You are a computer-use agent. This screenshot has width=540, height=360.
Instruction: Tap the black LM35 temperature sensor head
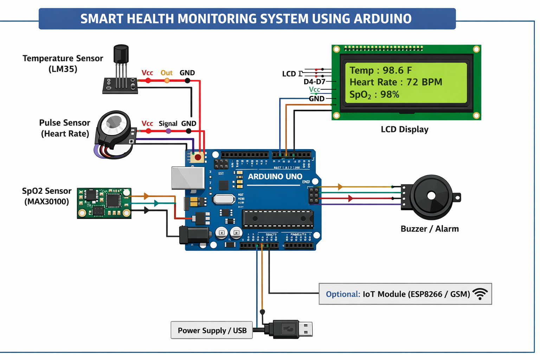[121, 54]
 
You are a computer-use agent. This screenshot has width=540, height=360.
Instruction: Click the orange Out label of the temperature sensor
[166, 73]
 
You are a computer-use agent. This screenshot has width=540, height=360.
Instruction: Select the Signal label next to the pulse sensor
[168, 123]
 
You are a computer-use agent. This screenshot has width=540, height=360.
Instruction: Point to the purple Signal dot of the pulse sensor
[168, 131]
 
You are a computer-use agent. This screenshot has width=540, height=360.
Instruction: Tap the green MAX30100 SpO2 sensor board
[104, 203]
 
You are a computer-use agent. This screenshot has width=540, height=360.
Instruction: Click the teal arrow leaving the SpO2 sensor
[156, 203]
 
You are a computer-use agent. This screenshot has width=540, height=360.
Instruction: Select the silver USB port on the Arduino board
[188, 178]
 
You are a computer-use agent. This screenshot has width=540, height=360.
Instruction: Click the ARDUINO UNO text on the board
[275, 176]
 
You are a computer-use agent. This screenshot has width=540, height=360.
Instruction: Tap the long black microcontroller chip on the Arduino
[278, 218]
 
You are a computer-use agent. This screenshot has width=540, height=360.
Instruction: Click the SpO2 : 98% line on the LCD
[374, 95]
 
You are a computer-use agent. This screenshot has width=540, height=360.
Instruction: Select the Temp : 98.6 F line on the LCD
[380, 70]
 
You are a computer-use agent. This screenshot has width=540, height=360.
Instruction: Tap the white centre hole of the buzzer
[431, 196]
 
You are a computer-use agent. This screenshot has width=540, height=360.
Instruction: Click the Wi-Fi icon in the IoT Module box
[480, 294]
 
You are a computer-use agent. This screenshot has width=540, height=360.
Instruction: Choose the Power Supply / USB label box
[212, 330]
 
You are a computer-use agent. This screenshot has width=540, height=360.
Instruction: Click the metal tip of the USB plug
[306, 329]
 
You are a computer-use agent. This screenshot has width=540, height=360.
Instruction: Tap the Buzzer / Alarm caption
[429, 229]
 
